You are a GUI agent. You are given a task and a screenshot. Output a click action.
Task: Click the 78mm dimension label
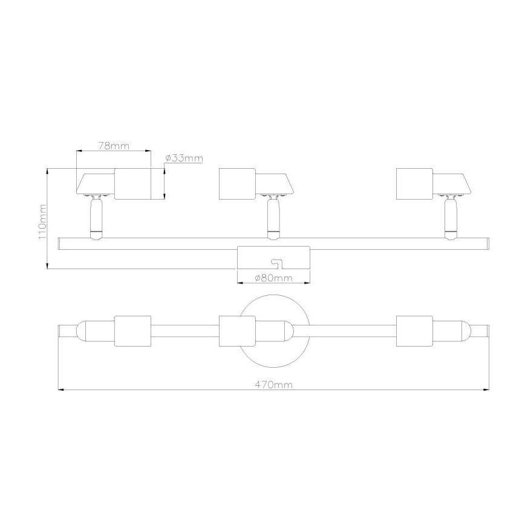(x=113, y=146)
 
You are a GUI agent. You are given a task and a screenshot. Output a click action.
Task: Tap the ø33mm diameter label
(x=183, y=158)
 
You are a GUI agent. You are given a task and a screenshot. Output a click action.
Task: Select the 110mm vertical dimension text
(x=42, y=220)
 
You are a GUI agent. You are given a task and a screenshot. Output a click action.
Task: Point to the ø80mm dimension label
(x=273, y=278)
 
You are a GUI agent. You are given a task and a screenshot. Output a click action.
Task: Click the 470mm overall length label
(x=273, y=384)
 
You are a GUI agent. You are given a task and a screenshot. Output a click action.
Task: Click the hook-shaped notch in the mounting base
(x=277, y=263)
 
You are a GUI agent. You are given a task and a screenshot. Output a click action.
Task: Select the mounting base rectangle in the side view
(x=257, y=258)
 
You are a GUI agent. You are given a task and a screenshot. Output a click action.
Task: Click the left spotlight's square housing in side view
(x=132, y=183)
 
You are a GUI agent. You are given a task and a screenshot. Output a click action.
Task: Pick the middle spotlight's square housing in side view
(x=236, y=183)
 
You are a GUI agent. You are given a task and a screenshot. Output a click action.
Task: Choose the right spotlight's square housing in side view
(x=414, y=183)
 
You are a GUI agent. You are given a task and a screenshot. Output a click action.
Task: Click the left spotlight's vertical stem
(x=96, y=218)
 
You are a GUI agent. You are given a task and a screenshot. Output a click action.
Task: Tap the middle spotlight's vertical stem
(x=273, y=218)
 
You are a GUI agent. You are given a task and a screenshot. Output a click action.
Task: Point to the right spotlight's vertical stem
(x=449, y=218)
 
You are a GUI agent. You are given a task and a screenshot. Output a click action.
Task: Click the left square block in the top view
(x=132, y=331)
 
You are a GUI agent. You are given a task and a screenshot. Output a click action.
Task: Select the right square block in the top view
(x=414, y=331)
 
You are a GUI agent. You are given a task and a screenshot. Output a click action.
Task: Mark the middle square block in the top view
(x=236, y=331)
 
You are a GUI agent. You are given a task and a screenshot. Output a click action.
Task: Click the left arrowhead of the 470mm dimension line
(x=60, y=390)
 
